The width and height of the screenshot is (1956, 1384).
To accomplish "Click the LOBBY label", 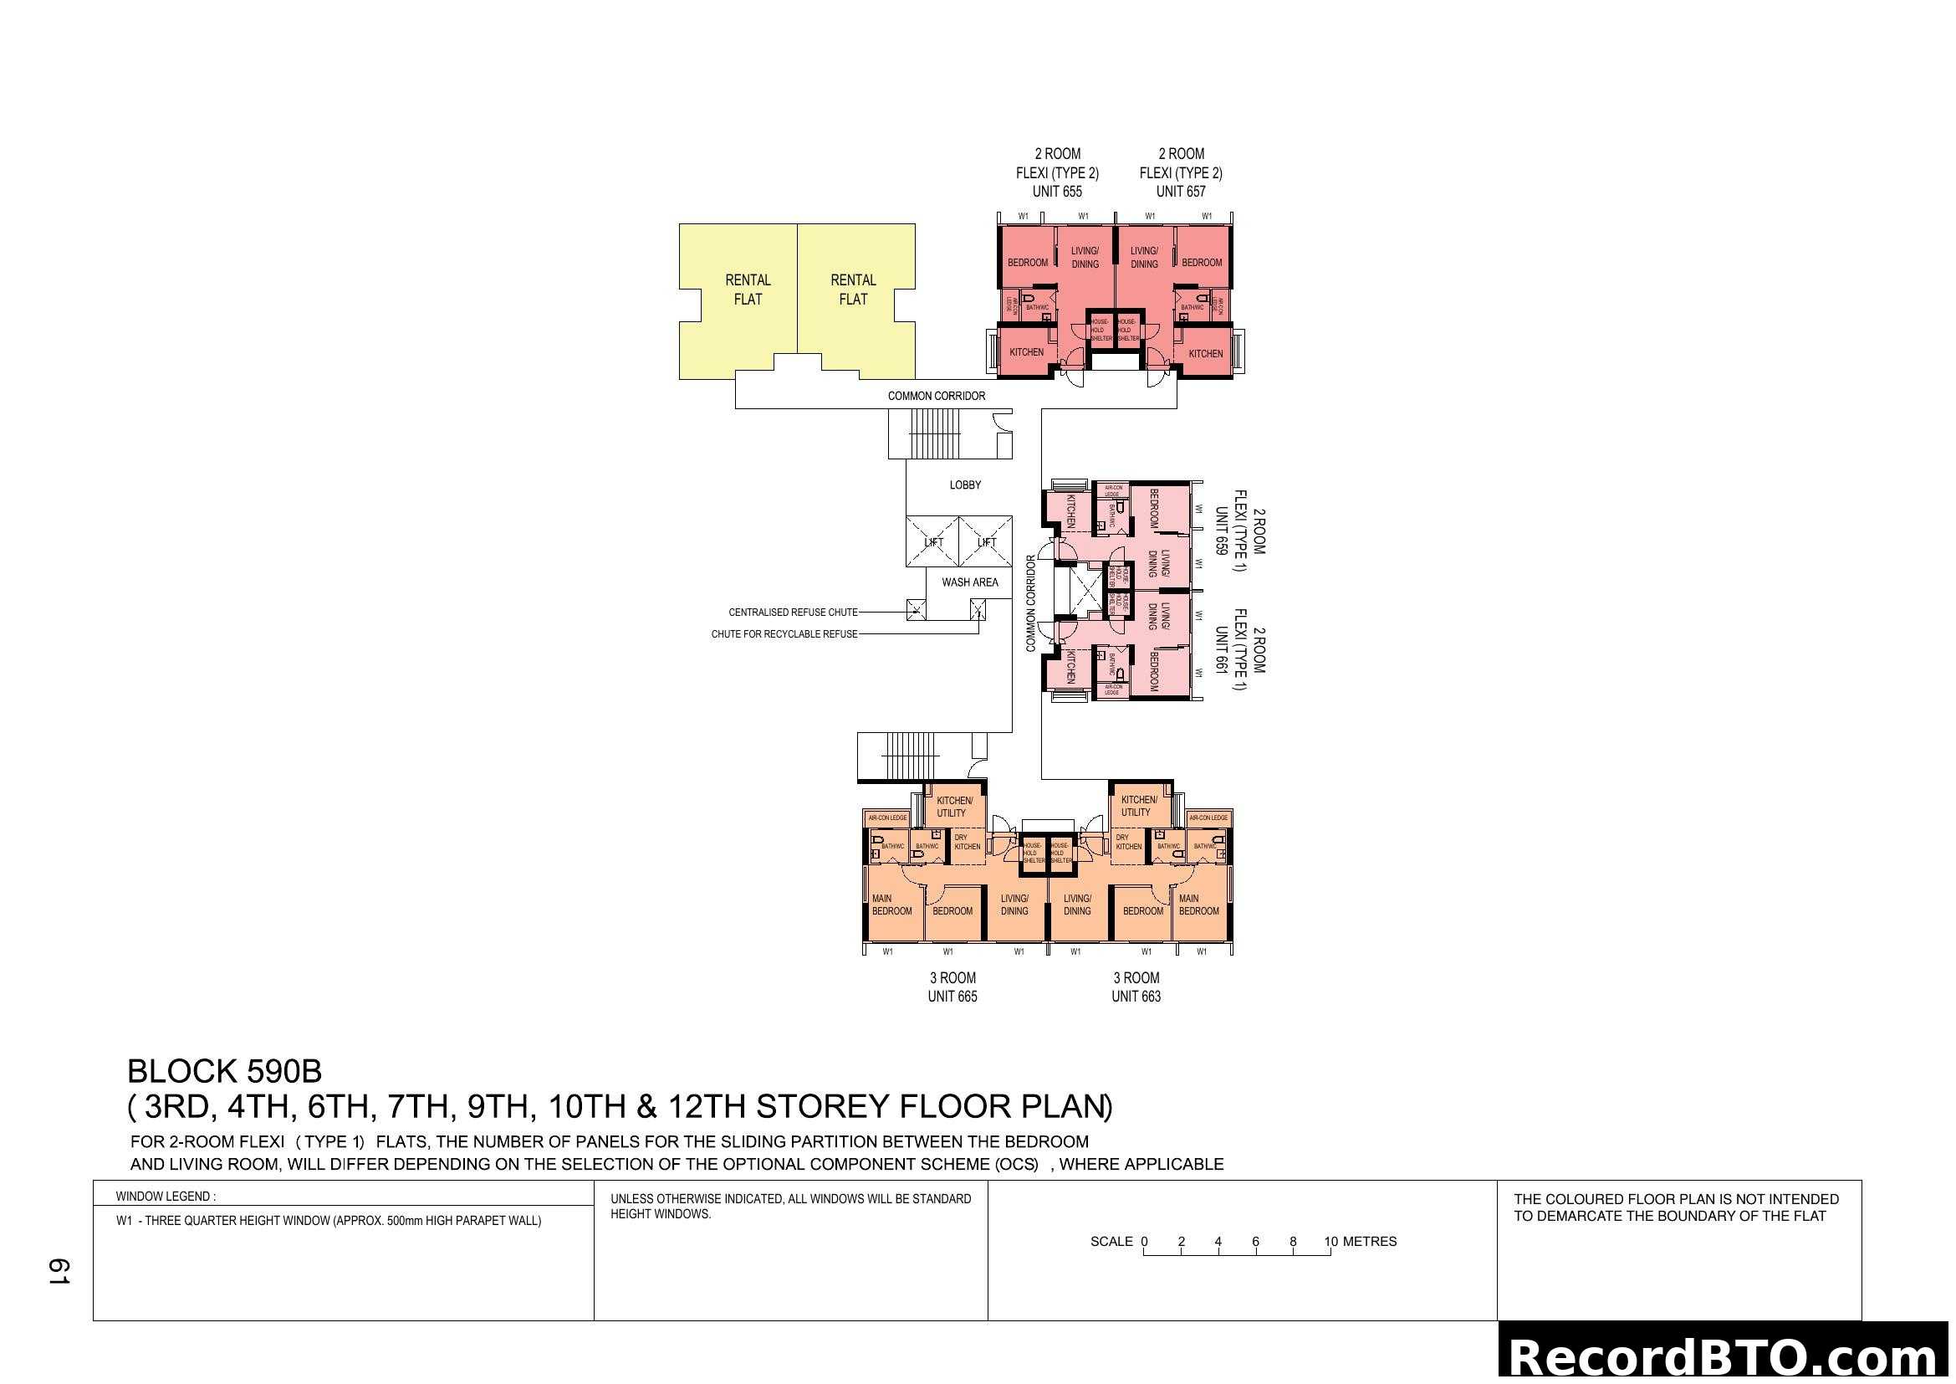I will click(965, 485).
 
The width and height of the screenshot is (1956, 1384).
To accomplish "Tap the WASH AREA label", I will click(969, 582).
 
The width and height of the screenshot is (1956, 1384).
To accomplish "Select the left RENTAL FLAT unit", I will click(747, 290).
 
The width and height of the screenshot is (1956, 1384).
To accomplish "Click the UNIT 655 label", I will click(1056, 192).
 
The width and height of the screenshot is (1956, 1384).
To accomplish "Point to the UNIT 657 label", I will click(1180, 192).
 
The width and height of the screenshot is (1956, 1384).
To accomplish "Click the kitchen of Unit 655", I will click(1026, 352).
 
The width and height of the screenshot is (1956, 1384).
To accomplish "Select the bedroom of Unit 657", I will click(1201, 263).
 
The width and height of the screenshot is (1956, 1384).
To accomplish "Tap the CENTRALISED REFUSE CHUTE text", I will click(792, 612).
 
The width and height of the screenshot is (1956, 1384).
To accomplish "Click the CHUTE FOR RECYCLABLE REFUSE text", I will click(784, 634).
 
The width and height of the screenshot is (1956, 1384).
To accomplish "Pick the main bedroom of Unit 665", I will click(891, 905).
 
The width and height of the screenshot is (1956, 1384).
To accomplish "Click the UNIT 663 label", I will click(1136, 997).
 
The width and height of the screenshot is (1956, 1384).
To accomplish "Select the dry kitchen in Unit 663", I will click(1128, 842).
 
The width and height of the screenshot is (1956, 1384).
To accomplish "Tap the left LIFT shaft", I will click(933, 542).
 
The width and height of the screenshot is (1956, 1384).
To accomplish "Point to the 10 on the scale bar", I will click(1330, 1242).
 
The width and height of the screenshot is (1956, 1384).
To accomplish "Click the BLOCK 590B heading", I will click(224, 1071).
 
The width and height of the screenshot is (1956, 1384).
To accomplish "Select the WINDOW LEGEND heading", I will click(166, 1197).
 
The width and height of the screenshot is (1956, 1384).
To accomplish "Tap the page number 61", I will click(58, 1271).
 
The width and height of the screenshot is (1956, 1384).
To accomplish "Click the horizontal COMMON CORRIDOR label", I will click(937, 397).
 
